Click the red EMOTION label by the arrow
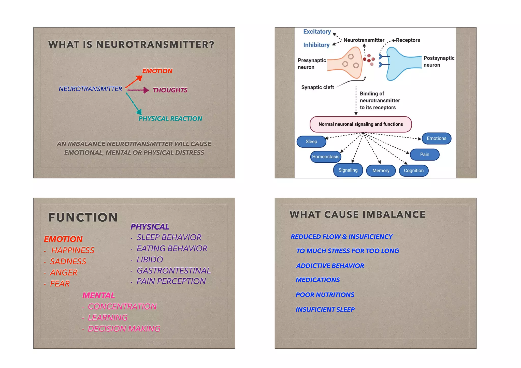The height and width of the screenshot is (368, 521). (x=157, y=71)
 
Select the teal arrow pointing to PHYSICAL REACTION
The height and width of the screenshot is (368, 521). (x=133, y=103)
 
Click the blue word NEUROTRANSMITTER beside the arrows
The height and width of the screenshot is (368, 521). (x=90, y=89)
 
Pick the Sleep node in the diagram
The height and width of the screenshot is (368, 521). (x=311, y=142)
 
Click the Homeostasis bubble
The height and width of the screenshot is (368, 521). (x=325, y=157)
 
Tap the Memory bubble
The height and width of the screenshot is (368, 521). (x=381, y=171)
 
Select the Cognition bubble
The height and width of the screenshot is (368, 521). (x=414, y=171)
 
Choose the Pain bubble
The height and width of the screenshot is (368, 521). (x=424, y=155)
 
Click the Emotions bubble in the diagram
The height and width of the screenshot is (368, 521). (x=436, y=139)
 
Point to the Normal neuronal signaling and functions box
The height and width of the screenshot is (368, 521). (x=360, y=124)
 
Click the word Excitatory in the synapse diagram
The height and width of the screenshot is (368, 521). (x=317, y=32)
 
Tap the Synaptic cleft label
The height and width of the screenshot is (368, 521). (x=317, y=87)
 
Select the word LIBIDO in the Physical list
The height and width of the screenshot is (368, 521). (x=150, y=259)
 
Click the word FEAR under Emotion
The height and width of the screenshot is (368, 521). (x=60, y=284)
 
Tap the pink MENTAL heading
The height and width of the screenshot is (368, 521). (x=98, y=295)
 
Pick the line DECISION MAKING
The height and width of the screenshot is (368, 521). (x=124, y=329)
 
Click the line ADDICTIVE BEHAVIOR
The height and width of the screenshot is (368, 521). (x=330, y=266)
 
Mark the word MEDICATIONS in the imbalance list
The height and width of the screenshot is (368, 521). (x=317, y=280)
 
